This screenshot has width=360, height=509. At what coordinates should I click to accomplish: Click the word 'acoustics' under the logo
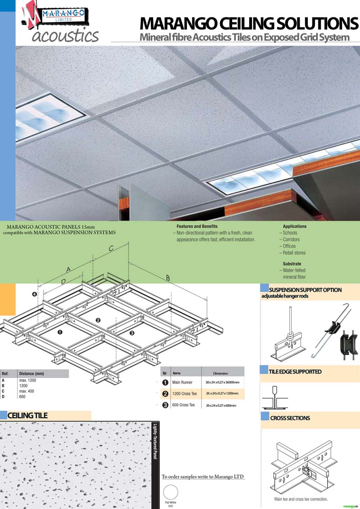pos(65,36)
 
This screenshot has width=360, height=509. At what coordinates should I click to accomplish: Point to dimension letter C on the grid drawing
pos(111,249)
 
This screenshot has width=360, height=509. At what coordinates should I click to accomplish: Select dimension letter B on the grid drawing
pos(168,278)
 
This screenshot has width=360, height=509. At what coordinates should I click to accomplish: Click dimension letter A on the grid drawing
pos(68,270)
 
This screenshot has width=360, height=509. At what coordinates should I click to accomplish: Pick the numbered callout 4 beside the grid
pos(35,294)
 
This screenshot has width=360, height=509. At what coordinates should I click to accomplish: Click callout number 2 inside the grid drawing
pos(98,320)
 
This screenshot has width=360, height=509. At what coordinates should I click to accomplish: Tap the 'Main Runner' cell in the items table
pos(182,383)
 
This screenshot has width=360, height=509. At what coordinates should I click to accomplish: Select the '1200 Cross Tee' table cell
pos(184,394)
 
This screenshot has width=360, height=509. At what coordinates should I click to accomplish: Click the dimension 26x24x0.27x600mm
pos(221,405)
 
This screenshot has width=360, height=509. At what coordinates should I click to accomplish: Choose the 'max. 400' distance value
pos(27,391)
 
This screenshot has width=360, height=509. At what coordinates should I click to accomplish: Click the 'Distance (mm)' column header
pos(31,374)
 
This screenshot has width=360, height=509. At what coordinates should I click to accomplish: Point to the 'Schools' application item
pos(290,233)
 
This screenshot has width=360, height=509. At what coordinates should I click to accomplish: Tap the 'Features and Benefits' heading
pos(197,226)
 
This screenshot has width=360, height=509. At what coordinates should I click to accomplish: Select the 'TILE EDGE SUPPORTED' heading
pos(295,372)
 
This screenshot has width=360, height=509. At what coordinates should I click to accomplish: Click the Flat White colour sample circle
pos(171,492)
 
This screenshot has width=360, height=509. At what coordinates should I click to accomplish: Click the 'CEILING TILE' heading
pos(27,415)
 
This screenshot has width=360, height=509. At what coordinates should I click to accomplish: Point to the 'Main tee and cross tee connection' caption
pos(301,499)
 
